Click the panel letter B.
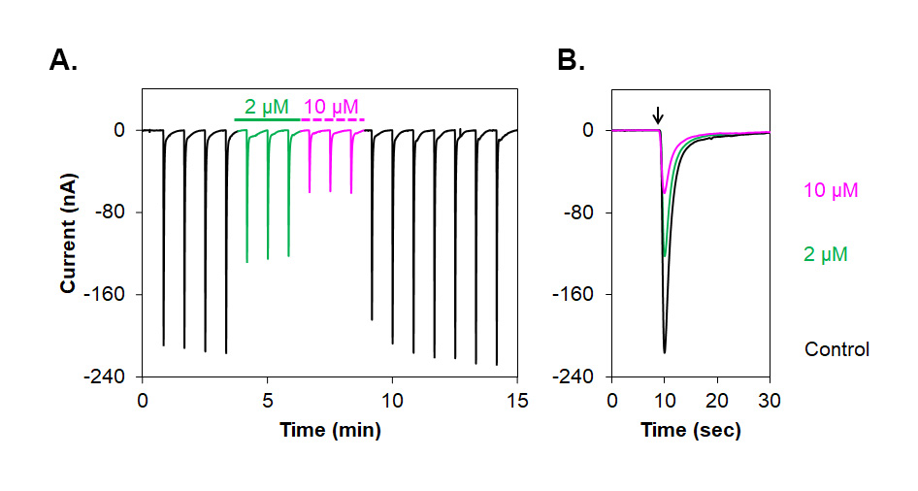click(571, 61)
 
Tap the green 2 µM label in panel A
click(266, 106)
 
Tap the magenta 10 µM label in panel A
click(331, 106)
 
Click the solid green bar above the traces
click(267, 119)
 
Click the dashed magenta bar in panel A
click(333, 119)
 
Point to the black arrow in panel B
click(658, 115)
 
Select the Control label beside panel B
click(836, 349)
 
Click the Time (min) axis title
click(329, 429)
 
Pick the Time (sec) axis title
click(690, 429)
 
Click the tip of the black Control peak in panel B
click(665, 352)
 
